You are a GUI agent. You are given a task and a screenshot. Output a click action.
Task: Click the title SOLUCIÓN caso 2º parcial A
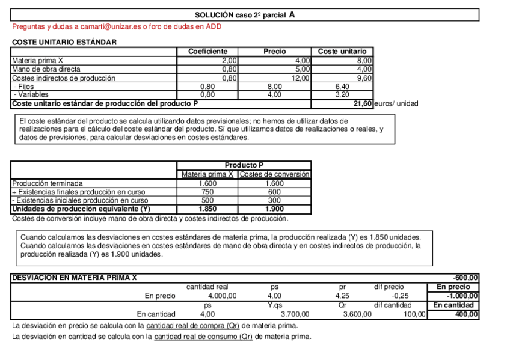point(245,15)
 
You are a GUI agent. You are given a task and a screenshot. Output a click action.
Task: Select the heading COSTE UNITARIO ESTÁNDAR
point(64,42)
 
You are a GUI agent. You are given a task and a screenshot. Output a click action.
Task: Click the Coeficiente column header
point(207,52)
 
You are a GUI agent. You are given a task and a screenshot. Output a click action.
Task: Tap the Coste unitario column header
point(342,52)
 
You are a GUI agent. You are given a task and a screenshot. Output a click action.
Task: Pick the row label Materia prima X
point(37,61)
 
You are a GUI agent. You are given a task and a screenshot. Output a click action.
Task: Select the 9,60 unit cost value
point(364,78)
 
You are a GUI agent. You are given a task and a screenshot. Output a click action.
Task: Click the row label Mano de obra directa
point(46,69)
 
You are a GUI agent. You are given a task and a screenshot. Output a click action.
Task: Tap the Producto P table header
point(244,165)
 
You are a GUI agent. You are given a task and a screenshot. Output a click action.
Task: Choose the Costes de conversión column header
point(274,174)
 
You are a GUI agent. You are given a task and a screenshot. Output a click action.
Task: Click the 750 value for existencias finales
point(207,192)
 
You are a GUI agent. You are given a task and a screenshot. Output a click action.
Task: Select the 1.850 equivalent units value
point(207,209)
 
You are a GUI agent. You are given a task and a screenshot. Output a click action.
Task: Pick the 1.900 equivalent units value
point(274,209)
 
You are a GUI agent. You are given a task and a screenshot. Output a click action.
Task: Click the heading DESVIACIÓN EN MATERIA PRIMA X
point(75,278)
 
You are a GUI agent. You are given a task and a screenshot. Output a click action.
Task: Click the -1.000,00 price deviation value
point(462,296)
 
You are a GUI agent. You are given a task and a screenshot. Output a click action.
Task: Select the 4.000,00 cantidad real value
point(222,296)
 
